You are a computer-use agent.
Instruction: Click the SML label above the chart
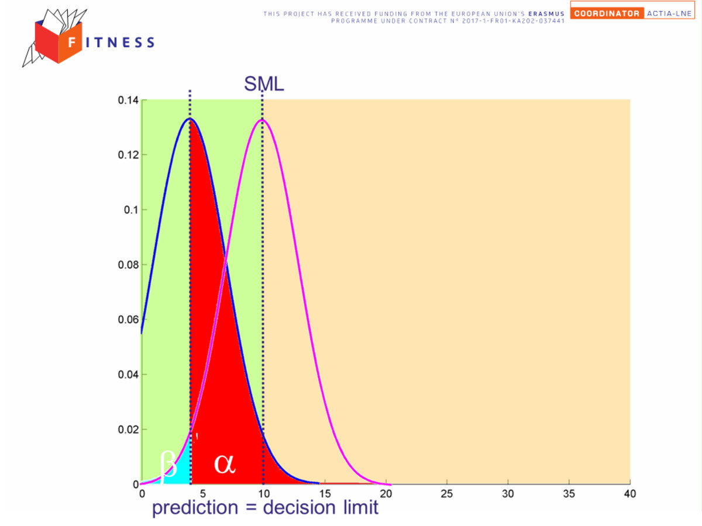click(x=264, y=84)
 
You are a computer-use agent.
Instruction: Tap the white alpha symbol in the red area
click(x=225, y=463)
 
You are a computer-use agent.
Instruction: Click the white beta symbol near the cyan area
click(x=168, y=466)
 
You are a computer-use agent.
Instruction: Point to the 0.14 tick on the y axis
click(x=128, y=100)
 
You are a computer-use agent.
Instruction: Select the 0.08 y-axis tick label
click(x=128, y=265)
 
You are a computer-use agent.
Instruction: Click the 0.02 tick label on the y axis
click(x=128, y=430)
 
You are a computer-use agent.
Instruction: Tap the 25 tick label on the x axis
click(x=447, y=494)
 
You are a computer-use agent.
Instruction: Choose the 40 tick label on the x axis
click(x=629, y=494)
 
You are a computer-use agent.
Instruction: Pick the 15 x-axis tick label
click(x=325, y=494)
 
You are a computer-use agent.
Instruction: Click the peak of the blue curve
click(x=190, y=119)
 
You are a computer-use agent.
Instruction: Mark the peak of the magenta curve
click(x=263, y=120)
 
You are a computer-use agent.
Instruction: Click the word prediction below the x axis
click(x=195, y=508)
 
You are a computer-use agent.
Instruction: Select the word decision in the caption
click(x=299, y=507)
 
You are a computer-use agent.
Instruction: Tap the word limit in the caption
click(x=361, y=507)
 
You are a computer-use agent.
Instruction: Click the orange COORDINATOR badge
click(x=607, y=13)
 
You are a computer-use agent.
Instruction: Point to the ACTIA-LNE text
click(x=669, y=13)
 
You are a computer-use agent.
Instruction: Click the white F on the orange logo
click(x=71, y=42)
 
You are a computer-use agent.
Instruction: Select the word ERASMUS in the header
click(x=546, y=13)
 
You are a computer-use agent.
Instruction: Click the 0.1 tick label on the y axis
click(x=131, y=210)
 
